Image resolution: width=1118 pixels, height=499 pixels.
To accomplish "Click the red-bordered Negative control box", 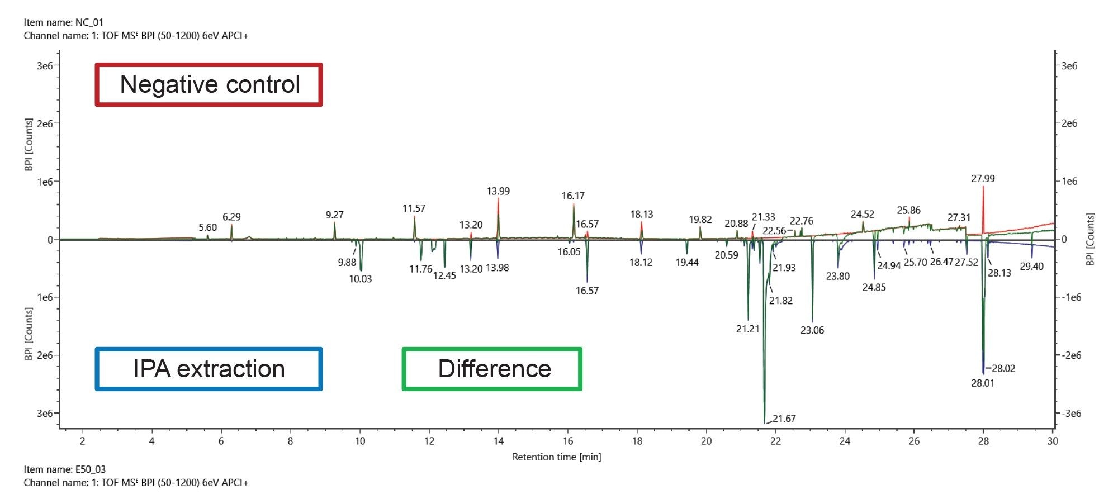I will point(209,84).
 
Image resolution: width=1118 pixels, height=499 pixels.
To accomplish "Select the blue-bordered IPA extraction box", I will point(209,369).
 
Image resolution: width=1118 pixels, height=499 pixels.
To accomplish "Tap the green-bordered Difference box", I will point(492,369).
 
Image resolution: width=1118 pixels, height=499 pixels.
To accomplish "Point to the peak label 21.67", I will point(784,419).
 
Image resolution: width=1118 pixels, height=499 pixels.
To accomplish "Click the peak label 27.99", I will point(983,179).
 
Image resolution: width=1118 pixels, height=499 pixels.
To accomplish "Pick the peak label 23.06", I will point(812,330).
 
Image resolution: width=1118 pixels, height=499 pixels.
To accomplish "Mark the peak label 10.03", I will point(360,279).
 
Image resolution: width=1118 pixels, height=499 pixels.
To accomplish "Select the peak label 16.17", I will point(573,196).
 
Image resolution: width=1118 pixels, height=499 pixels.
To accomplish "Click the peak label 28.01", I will point(982,383).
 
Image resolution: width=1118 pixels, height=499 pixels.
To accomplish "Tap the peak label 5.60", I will point(207,227).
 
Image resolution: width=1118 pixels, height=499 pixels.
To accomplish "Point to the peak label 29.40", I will point(1031,267).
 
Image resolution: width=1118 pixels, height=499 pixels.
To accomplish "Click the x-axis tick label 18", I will point(637,441).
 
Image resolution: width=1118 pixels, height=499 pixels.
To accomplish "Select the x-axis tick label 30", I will point(1053,441).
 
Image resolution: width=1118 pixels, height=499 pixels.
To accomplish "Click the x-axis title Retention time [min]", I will point(556,457).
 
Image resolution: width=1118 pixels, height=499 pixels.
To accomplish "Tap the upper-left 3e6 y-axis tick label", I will point(45,66).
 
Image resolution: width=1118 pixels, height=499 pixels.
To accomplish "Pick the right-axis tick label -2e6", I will point(1070,355).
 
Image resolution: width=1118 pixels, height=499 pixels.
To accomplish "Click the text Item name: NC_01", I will point(63,22).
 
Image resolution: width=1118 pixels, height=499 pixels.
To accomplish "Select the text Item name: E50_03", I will point(64,469).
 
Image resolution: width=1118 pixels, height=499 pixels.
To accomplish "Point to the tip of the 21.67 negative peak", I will point(764,423).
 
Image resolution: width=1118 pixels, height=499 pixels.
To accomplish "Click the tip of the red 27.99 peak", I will point(983,187).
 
